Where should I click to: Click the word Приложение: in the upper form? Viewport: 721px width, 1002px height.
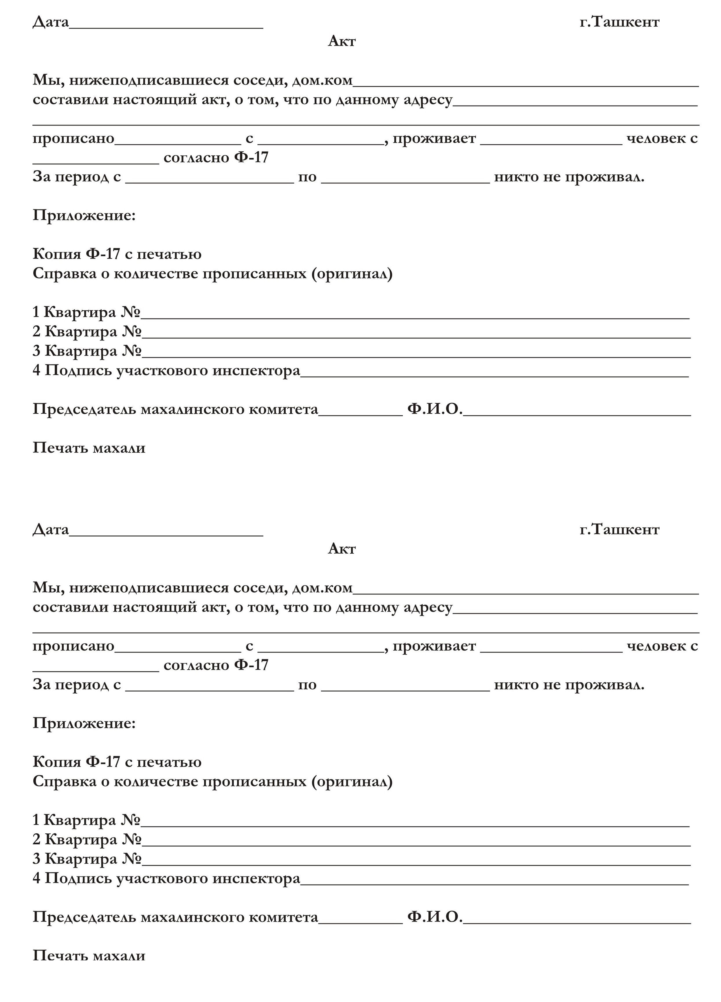[84, 215]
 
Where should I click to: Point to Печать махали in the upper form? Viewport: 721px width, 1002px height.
[89, 448]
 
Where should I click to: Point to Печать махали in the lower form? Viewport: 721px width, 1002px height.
[89, 956]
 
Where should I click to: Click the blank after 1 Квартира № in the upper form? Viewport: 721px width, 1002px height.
[415, 314]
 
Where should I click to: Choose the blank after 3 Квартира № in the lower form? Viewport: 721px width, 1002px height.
[416, 861]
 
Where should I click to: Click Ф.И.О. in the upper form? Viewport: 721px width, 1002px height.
[434, 409]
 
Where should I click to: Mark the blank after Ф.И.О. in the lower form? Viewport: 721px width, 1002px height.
[577, 920]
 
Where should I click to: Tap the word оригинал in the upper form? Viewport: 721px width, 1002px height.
[351, 274]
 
